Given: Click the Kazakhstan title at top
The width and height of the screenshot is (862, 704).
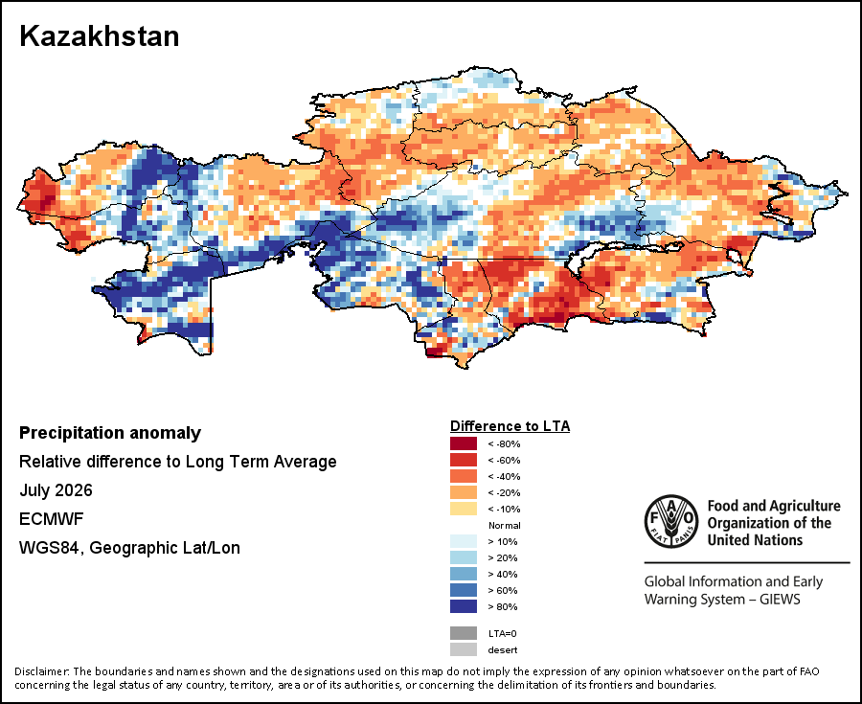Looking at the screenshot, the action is [x=99, y=36].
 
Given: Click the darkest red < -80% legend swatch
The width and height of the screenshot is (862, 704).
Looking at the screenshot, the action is [x=464, y=443].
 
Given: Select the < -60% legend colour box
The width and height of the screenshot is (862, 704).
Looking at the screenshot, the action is [x=464, y=460].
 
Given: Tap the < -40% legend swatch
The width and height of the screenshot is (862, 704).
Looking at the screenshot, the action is [x=464, y=476].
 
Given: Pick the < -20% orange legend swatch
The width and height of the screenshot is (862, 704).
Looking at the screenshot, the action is [x=464, y=492].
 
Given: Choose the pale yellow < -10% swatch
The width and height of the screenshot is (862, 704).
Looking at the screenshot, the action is [x=464, y=509].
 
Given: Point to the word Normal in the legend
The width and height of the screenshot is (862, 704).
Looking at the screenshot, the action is [x=504, y=526].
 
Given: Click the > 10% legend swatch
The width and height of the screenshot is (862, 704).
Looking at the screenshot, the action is [x=464, y=541].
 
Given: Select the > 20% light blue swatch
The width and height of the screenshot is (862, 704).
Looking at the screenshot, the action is [x=464, y=557].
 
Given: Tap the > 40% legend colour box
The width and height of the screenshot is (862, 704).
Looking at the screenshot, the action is [x=464, y=574].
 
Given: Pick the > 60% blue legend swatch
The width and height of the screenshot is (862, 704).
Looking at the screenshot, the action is [x=464, y=590].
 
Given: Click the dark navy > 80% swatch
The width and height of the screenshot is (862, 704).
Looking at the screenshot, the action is [x=464, y=606].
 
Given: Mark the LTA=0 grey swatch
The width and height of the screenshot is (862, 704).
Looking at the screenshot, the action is [x=464, y=633].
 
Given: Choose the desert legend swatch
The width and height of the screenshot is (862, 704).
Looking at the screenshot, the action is [x=464, y=649].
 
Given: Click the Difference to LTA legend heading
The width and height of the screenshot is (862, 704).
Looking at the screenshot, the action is [x=510, y=426].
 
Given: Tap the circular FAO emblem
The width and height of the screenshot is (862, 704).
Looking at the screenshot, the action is [x=671, y=522].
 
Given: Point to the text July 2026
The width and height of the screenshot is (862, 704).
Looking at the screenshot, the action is [x=56, y=490].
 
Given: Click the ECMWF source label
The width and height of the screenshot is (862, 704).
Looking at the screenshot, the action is [x=51, y=519].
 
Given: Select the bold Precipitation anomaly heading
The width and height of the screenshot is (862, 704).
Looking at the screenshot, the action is [x=110, y=434].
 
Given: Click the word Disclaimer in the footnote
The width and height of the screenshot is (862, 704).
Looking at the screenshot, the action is [x=42, y=671].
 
